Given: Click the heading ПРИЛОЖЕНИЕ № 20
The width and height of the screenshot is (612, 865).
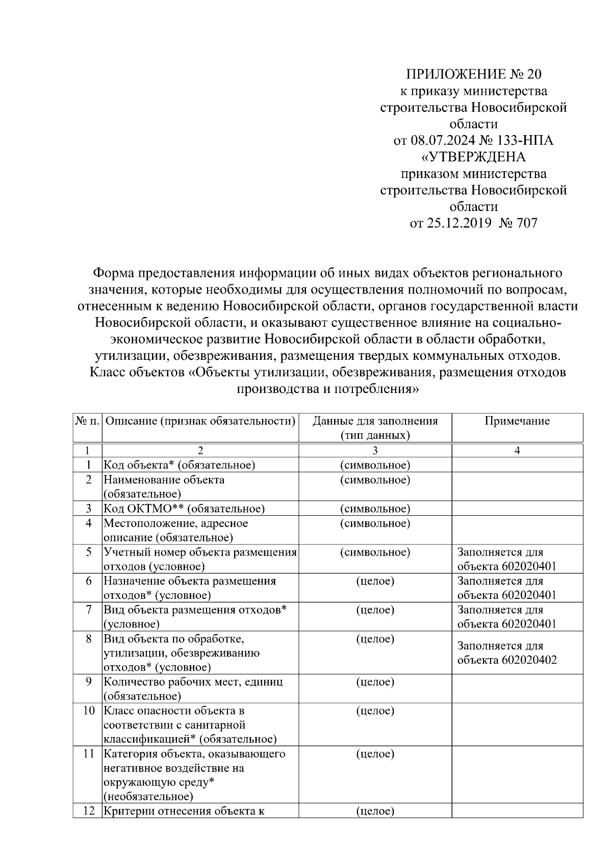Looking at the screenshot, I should click(x=473, y=74).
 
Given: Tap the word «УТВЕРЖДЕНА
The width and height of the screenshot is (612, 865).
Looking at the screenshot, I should click(x=474, y=157).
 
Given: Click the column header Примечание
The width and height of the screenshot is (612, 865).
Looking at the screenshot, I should click(x=517, y=421).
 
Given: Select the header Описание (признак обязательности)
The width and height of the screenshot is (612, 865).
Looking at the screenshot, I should click(x=200, y=421).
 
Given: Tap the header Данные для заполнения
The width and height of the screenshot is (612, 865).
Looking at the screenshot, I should click(x=375, y=421).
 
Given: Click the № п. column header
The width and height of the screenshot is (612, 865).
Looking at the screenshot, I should click(x=88, y=421).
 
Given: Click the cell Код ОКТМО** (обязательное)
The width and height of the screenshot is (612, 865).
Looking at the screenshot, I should click(x=184, y=509).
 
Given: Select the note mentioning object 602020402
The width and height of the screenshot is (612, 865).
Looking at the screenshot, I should click(x=506, y=653).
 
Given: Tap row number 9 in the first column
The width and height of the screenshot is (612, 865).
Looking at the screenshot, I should click(x=88, y=681).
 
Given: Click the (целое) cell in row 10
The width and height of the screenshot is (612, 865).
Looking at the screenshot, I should click(x=375, y=711).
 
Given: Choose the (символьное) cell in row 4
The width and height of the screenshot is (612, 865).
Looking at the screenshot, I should click(x=375, y=523).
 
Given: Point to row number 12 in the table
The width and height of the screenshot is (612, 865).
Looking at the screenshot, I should click(x=88, y=811).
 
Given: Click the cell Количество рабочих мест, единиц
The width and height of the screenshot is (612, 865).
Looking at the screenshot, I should click(x=193, y=682).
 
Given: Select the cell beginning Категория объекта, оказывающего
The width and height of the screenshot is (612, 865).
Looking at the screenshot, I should click(x=194, y=753).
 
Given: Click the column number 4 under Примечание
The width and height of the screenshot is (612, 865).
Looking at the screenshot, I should click(x=517, y=451).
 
